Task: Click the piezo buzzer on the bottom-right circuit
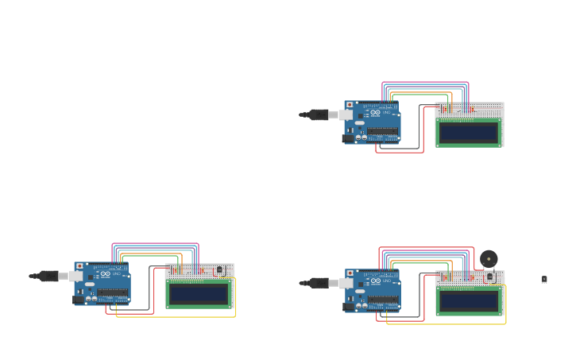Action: (489, 258)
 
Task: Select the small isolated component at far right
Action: (544, 280)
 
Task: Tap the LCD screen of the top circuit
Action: (469, 133)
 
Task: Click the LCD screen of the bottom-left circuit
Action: (199, 294)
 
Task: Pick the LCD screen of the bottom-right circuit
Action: (469, 301)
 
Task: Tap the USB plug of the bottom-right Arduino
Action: (322, 283)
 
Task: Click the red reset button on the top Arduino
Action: (350, 105)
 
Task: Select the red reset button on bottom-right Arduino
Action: (350, 273)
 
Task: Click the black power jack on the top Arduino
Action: (348, 138)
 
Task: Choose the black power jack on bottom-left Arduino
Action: (79, 300)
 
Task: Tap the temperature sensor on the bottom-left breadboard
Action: (219, 270)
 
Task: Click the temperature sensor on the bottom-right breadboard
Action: (489, 277)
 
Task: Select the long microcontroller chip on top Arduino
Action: (382, 131)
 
